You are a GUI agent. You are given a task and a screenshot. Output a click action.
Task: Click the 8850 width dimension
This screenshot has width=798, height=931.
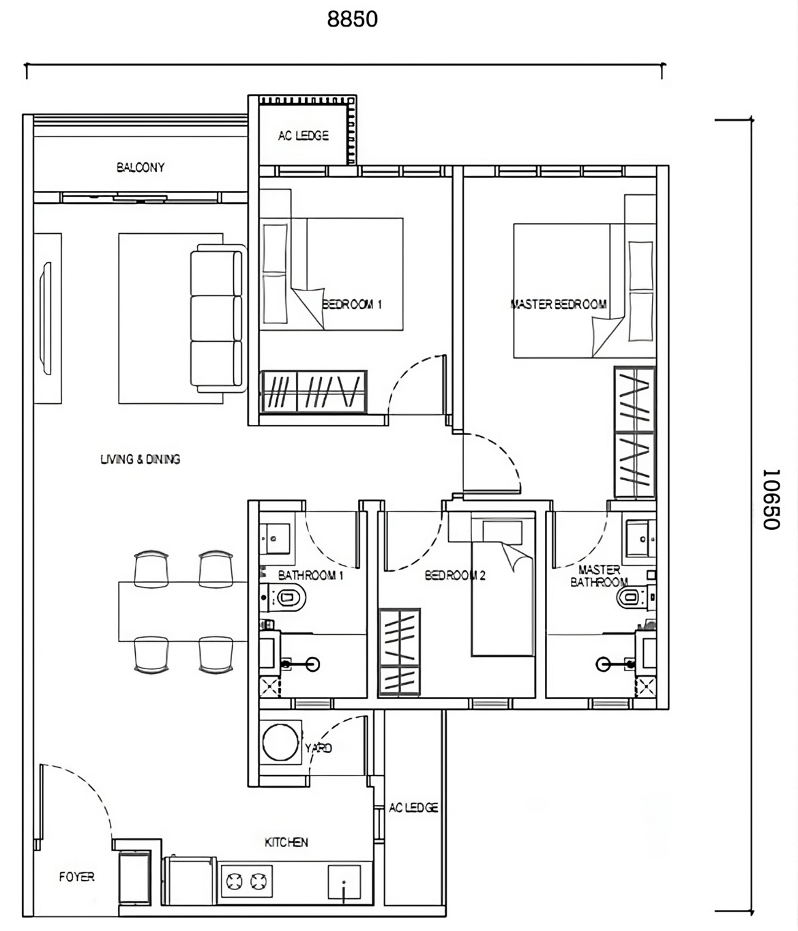[x=352, y=19]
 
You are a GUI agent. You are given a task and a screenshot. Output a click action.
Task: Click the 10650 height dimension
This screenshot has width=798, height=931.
[x=771, y=499]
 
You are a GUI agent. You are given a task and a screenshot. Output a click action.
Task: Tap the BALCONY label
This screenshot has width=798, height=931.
[x=141, y=168]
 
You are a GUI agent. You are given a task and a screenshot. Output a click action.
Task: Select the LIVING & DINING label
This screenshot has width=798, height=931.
[x=140, y=460]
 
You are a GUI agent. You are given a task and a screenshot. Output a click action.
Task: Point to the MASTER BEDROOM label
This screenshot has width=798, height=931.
[x=559, y=304]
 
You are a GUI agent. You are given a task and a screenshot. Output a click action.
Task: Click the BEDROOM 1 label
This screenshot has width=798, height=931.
[x=352, y=304]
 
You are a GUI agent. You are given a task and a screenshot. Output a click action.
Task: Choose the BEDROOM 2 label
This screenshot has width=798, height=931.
[x=456, y=576]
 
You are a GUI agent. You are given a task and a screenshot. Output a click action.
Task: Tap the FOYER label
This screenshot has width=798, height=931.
[x=77, y=877]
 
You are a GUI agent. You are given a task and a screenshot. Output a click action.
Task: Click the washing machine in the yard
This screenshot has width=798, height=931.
[x=280, y=743]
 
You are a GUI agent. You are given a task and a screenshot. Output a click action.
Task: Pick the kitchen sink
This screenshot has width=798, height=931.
[x=344, y=882]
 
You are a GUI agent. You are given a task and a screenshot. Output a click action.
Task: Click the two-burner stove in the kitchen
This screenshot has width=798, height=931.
[x=246, y=882]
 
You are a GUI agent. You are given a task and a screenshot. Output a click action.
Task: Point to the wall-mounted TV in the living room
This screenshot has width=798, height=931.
[x=46, y=318]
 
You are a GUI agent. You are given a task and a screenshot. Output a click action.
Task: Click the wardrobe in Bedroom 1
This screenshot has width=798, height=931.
[x=314, y=391]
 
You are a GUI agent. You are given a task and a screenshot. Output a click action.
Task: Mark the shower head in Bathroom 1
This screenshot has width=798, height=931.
[x=312, y=664]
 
